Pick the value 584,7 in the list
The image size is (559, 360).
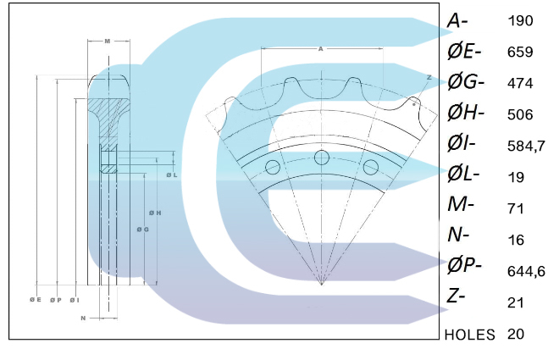pyautogui.click(x=524, y=146)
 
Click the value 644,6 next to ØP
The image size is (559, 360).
pyautogui.click(x=524, y=271)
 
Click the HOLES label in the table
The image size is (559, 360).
pyautogui.click(x=469, y=335)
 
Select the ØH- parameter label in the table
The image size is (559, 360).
pyautogui.click(x=465, y=114)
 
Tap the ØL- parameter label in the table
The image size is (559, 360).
pyautogui.click(x=463, y=176)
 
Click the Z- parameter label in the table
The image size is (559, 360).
pyautogui.click(x=458, y=296)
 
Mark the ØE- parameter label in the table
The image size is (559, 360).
pyautogui.click(x=464, y=52)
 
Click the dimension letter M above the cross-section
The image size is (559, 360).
pyautogui.click(x=107, y=41)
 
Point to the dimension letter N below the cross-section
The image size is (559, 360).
pyautogui.click(x=82, y=318)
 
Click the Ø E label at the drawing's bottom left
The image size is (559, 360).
pyautogui.click(x=36, y=300)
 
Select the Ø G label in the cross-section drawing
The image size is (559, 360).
pyautogui.click(x=142, y=229)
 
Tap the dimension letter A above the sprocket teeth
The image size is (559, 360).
pyautogui.click(x=321, y=49)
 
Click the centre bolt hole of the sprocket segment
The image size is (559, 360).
pyautogui.click(x=321, y=158)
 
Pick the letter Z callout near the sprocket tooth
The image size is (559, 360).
pyautogui.click(x=429, y=77)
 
